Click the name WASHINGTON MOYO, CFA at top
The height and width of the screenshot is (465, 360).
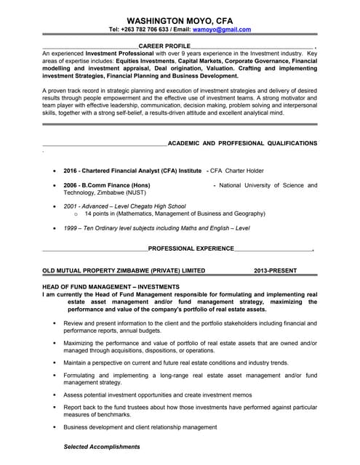[180, 20]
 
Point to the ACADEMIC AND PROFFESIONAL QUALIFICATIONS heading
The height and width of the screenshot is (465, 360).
[242, 144]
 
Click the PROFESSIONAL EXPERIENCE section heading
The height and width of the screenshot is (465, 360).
[191, 248]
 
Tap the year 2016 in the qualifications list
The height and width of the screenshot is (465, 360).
[71, 170]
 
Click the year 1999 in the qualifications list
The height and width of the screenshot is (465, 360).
[71, 227]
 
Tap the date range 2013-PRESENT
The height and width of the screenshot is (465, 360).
[276, 270]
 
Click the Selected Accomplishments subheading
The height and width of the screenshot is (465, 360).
[102, 446]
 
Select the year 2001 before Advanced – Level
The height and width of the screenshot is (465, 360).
[71, 206]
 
